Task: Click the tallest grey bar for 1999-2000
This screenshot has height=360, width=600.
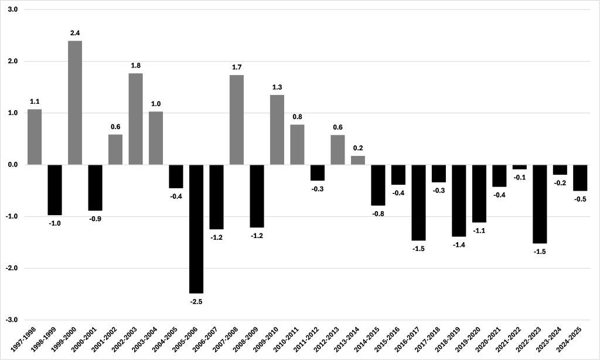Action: pyautogui.click(x=75, y=103)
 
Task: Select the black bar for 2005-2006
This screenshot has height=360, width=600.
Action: pyautogui.click(x=196, y=229)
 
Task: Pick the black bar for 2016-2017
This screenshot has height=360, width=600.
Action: pyautogui.click(x=418, y=202)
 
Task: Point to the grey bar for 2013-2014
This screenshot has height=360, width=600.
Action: pyautogui.click(x=357, y=160)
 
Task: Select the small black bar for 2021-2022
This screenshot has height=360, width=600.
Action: pyautogui.click(x=519, y=167)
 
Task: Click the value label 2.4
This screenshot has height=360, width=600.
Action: pyautogui.click(x=75, y=33)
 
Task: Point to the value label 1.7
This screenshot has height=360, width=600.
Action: pyautogui.click(x=237, y=67)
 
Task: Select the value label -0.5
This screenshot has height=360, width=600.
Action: pyautogui.click(x=580, y=199)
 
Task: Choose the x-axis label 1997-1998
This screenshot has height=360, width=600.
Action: pyautogui.click(x=24, y=342)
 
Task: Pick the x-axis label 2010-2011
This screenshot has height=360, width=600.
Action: pyautogui.click(x=287, y=342)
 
